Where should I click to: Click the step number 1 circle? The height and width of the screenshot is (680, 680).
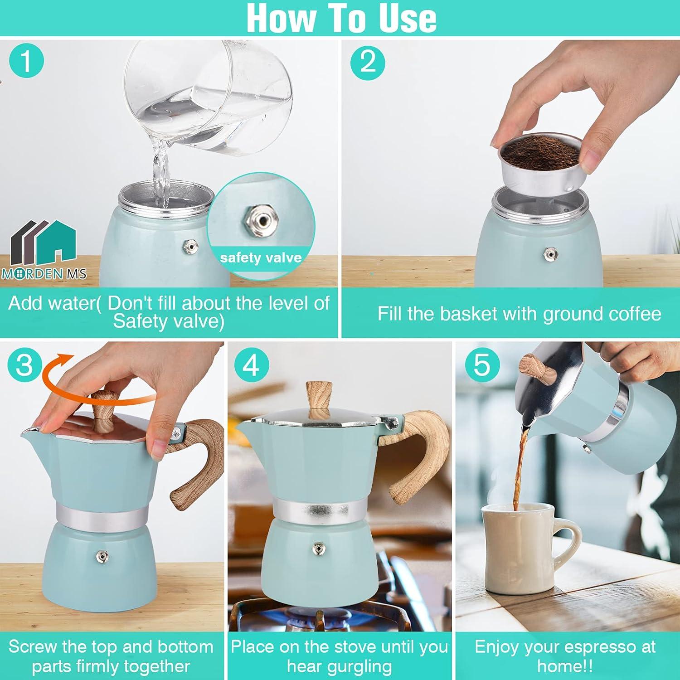click(x=26, y=61)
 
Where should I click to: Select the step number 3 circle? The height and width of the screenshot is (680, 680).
click(x=24, y=364)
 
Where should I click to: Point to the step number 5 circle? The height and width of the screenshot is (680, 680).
click(x=481, y=364)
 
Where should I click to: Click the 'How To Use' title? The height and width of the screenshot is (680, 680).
click(x=341, y=18)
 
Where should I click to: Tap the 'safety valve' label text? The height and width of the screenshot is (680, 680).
click(x=261, y=258)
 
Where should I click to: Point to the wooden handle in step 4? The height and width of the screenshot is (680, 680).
click(x=419, y=453)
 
